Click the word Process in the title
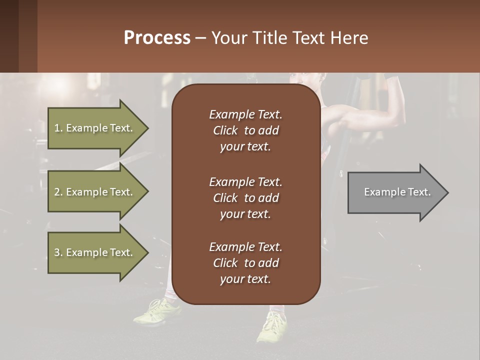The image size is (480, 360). coord(157,38)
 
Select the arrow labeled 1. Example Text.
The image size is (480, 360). coord(95,128)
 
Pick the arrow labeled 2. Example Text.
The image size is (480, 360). coord(95,192)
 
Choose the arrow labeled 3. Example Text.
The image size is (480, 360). coord(95,252)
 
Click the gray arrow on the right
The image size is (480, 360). coord(395,192)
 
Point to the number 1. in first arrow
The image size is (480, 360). coord(58,128)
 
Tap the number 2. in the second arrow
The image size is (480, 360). coord(58,192)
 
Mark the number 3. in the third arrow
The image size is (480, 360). coord(58,252)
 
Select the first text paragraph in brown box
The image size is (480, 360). coord(245,130)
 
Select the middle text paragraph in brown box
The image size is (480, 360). coord(245,198)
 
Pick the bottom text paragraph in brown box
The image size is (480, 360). coord(245,263)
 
